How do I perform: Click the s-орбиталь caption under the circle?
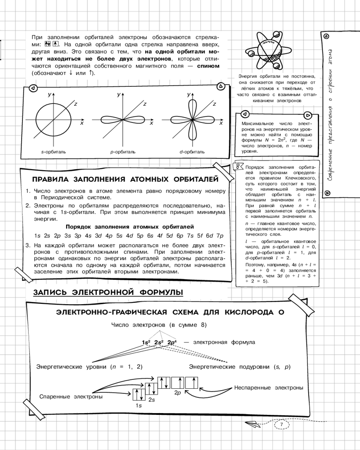[54, 152]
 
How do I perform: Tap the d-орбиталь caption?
[192, 152]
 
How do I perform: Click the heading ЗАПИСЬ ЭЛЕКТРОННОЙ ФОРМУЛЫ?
[108, 292]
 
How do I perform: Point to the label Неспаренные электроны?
[269, 387]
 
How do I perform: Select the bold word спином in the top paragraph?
[208, 66]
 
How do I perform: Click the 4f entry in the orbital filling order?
[159, 236]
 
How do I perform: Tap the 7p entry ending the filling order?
[220, 236]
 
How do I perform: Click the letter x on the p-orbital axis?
[152, 123]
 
